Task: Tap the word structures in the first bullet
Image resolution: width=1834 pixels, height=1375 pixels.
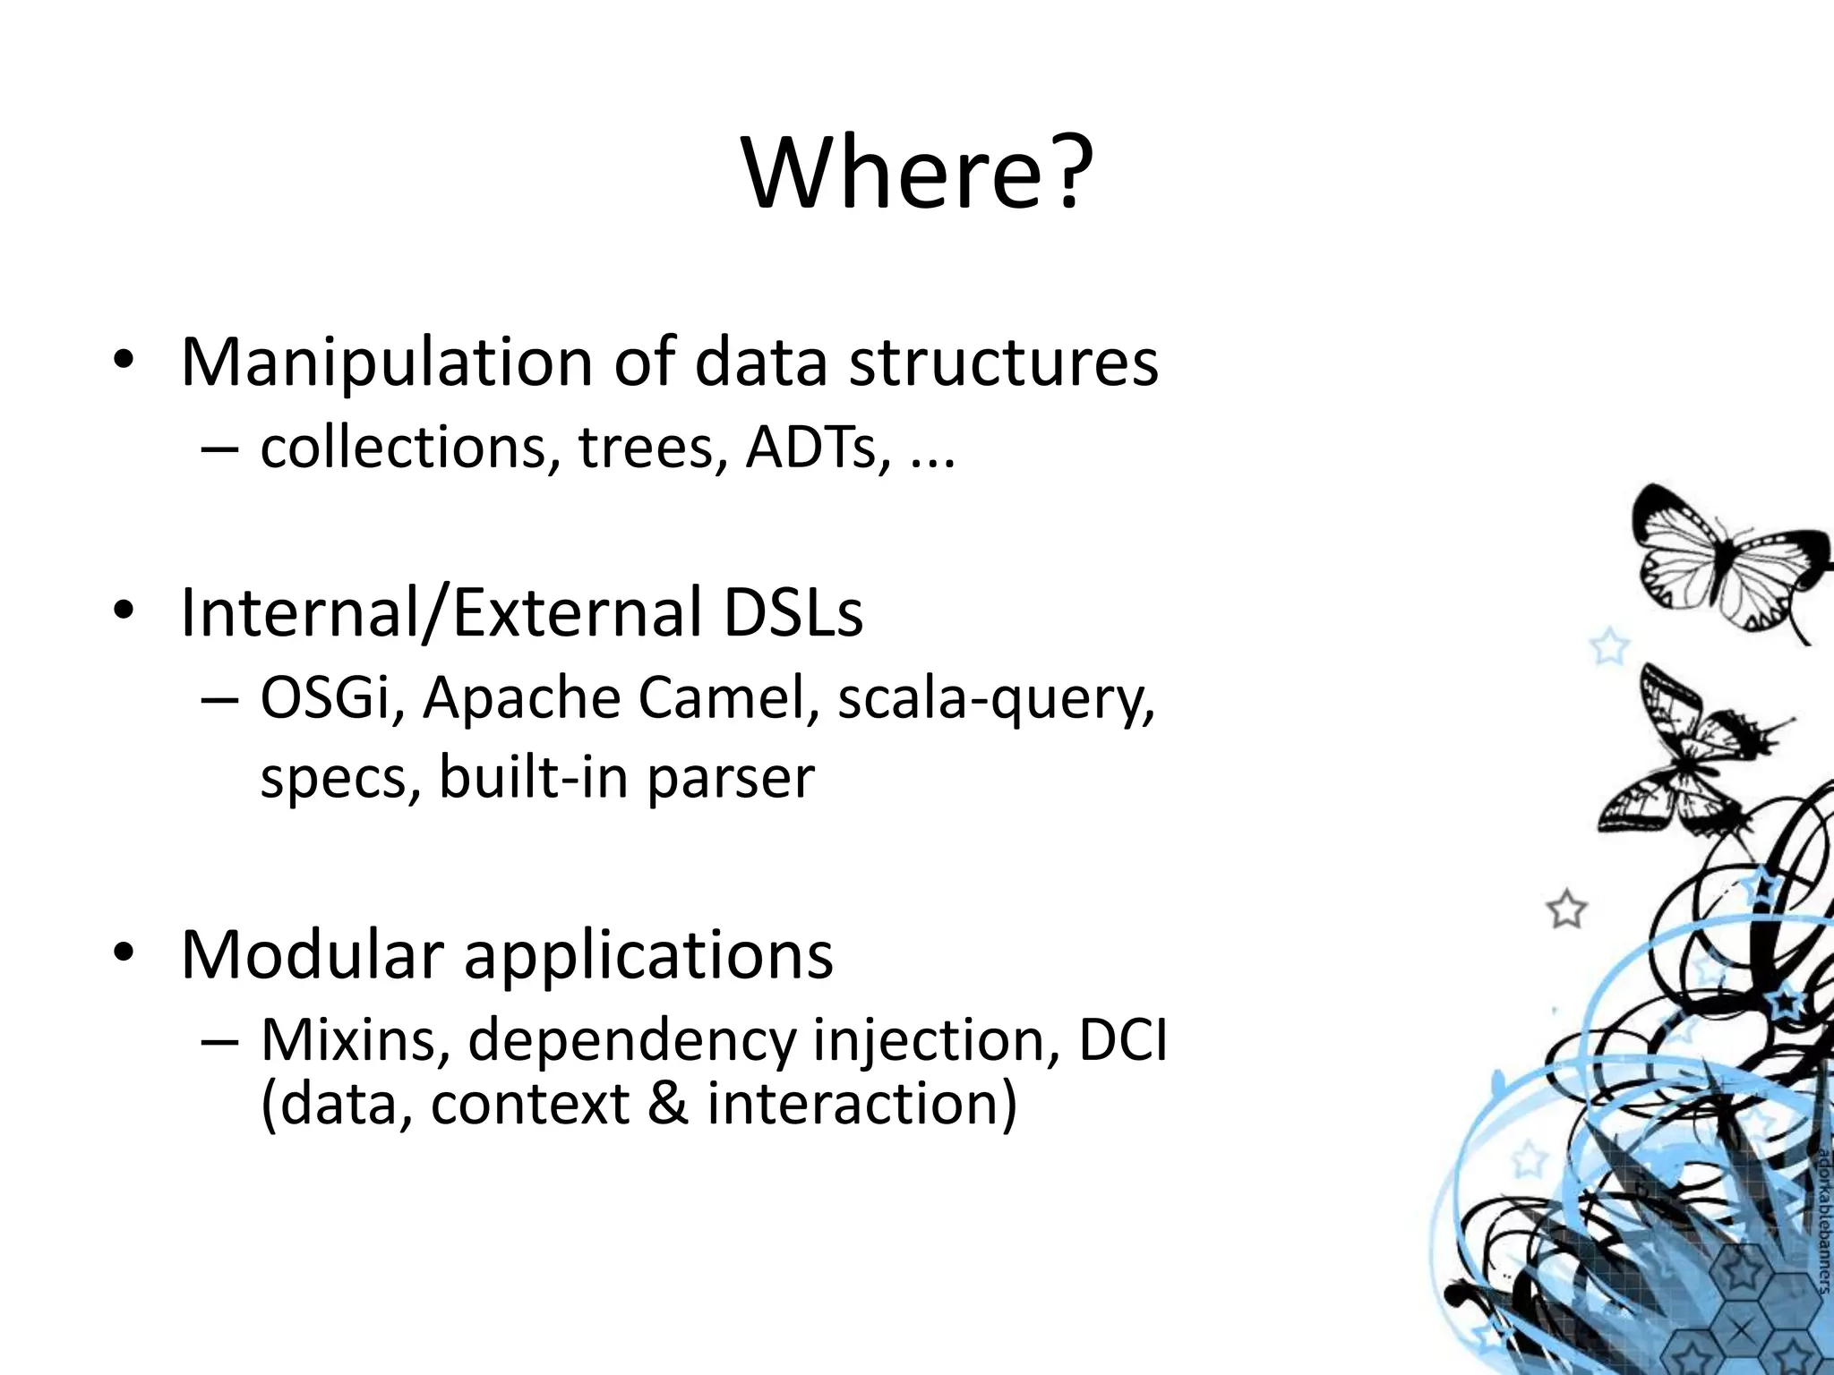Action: coord(1003,362)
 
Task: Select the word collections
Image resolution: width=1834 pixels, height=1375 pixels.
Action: coord(402,447)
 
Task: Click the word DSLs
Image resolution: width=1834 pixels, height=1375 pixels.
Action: coord(793,612)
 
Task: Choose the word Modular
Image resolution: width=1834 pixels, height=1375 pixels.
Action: coord(313,954)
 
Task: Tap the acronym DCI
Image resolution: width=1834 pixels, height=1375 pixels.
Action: coord(1123,1039)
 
